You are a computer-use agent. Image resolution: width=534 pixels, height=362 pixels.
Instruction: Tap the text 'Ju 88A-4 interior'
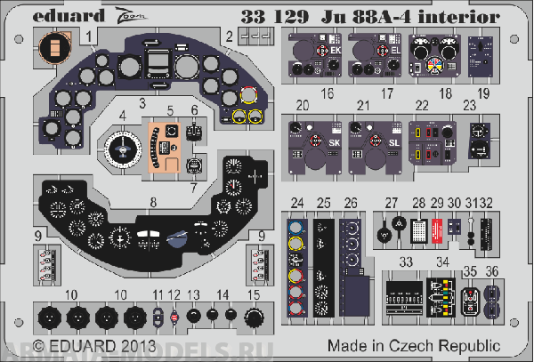pyautogui.click(x=421, y=14)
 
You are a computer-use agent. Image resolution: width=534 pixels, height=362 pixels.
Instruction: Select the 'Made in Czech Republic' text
pyautogui.click(x=413, y=344)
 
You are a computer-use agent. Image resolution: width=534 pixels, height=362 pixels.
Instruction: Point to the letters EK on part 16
pyautogui.click(x=335, y=52)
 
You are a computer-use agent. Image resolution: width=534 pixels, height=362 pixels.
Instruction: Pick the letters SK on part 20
pyautogui.click(x=334, y=142)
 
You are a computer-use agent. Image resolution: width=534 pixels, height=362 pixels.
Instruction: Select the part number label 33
pyautogui.click(x=405, y=263)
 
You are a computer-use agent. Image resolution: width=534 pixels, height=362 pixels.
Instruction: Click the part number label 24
pyautogui.click(x=297, y=203)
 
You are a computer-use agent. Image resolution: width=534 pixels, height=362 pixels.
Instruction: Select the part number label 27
pyautogui.click(x=392, y=203)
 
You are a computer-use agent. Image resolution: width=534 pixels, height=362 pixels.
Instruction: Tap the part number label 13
pyautogui.click(x=194, y=294)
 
